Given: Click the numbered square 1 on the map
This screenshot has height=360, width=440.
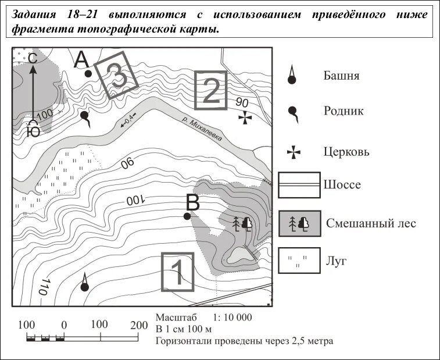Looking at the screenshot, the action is pos(177,271).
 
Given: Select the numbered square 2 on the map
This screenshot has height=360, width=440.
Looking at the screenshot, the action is pos(210,90).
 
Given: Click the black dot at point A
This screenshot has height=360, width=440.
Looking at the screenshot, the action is pos(88,74).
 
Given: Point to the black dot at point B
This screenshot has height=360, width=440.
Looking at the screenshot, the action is pos(187,216).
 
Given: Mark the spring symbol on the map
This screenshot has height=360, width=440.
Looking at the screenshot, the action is pos(85,117).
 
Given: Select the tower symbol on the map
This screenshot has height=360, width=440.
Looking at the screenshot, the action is pos(85,283).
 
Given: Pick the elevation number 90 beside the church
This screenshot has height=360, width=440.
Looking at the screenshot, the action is pos(242,103).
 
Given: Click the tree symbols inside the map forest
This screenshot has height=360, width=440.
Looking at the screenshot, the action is pos(242,223).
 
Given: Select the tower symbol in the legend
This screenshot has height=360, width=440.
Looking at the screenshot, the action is pos(293,75).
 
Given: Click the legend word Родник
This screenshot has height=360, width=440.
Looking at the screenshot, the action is pos(344,111).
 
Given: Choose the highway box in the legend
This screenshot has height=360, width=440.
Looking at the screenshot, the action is pos(299,185).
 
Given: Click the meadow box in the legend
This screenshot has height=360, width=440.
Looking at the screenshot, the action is pos(299,261).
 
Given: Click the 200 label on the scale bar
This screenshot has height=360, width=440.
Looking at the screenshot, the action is pos(138,325).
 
